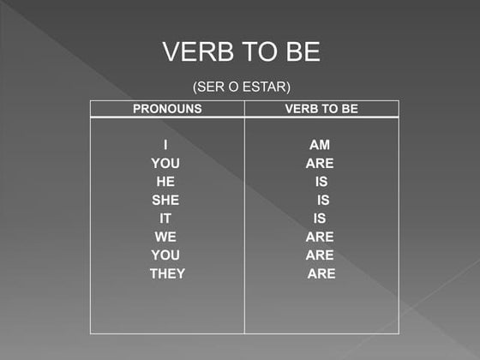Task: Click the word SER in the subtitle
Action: (214, 87)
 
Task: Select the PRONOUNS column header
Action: (167, 109)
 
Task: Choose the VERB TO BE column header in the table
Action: (321, 109)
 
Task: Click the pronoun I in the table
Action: (165, 145)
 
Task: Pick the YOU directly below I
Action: (165, 163)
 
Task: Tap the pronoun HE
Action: (165, 182)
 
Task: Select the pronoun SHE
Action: (165, 200)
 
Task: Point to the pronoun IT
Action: (165, 219)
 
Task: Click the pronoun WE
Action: (165, 237)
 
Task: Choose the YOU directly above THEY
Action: (165, 255)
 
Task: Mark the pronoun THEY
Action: (167, 274)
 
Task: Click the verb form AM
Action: (320, 145)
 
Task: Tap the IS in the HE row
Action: (321, 182)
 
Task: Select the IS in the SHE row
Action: (323, 200)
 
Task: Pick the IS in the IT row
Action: (320, 219)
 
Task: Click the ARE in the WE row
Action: (320, 237)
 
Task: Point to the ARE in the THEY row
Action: (321, 274)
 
